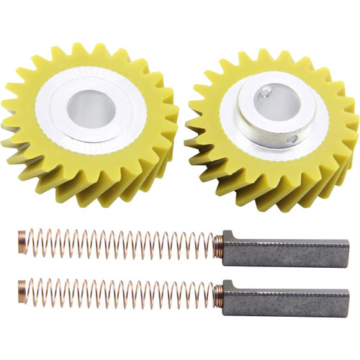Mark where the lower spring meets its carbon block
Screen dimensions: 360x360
click(x=220, y=294)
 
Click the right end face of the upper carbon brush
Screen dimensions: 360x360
click(x=347, y=254)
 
